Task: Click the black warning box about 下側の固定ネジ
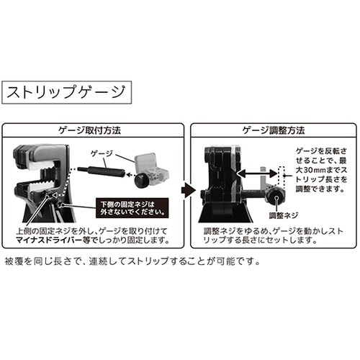(x=132, y=209)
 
